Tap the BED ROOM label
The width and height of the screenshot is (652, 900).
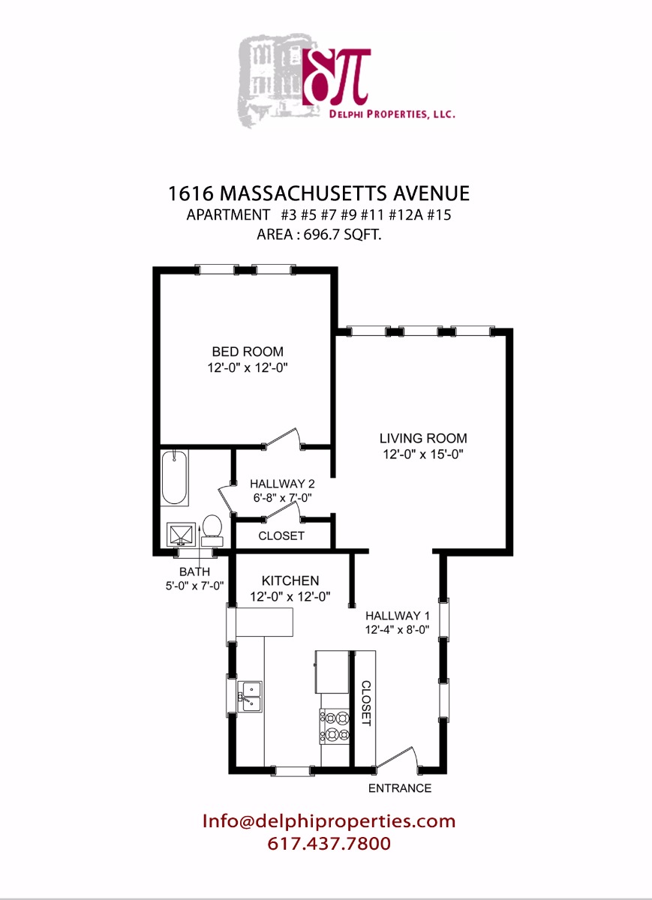(248, 352)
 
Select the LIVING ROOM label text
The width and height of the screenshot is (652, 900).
(422, 439)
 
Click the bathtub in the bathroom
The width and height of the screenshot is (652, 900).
(175, 477)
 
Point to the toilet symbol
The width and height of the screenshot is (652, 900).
(212, 528)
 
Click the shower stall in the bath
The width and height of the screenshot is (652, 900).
(180, 535)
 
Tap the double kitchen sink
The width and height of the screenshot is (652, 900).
(250, 696)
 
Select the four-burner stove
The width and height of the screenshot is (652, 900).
(335, 724)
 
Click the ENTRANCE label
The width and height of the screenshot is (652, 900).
(399, 788)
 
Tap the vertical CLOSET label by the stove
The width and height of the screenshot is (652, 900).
(366, 703)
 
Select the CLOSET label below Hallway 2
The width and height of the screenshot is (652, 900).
(281, 535)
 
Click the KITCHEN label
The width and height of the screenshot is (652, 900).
(290, 580)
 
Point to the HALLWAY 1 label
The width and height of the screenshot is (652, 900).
(396, 616)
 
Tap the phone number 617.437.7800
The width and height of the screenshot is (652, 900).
(329, 844)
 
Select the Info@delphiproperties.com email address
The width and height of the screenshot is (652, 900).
(329, 821)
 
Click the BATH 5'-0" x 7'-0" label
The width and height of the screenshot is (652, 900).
(195, 579)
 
